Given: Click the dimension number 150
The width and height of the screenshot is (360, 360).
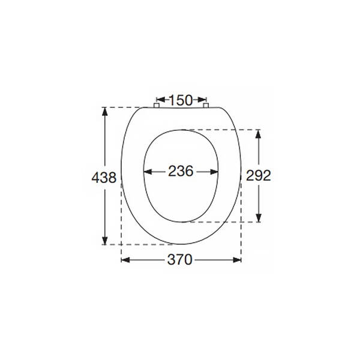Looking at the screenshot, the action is click(x=181, y=100).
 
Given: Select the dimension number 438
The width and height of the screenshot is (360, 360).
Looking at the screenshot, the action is click(x=104, y=178).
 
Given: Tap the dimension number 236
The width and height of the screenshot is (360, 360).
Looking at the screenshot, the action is click(x=181, y=171).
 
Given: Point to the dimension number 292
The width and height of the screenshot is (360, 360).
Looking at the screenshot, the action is click(x=259, y=176).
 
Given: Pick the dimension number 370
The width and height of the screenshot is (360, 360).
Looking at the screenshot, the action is click(x=180, y=260).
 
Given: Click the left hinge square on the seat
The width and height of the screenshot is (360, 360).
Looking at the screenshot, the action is click(x=157, y=106).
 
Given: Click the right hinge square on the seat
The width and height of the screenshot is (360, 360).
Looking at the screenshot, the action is click(x=206, y=106).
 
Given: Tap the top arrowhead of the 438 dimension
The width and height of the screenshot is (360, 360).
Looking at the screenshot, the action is click(x=105, y=112).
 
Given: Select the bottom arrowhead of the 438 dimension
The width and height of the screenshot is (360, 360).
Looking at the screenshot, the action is click(x=105, y=241).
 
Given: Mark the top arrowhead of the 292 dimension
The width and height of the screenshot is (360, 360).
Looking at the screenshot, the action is click(x=259, y=134).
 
